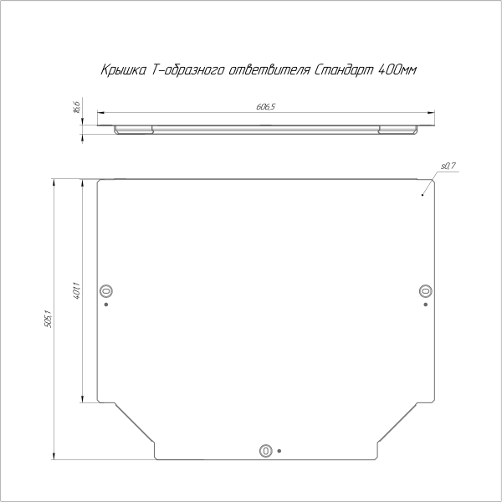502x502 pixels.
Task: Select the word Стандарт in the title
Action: click(344, 69)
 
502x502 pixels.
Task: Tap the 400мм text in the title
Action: click(397, 69)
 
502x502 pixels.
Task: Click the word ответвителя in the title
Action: click(269, 69)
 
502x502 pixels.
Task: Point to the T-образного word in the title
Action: click(187, 70)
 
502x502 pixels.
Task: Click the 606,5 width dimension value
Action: click(266, 106)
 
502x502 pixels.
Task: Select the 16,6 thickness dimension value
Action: click(76, 107)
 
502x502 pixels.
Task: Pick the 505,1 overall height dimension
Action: click(48, 319)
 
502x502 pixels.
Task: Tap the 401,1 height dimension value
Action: click(76, 290)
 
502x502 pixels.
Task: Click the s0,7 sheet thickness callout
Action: click(448, 166)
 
